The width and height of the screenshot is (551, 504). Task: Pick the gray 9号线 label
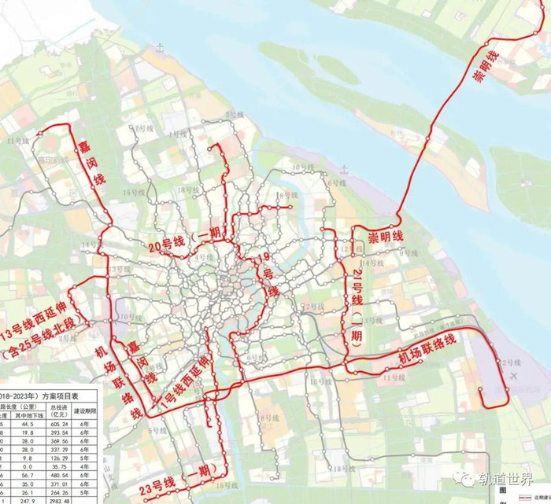pos(408,252)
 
